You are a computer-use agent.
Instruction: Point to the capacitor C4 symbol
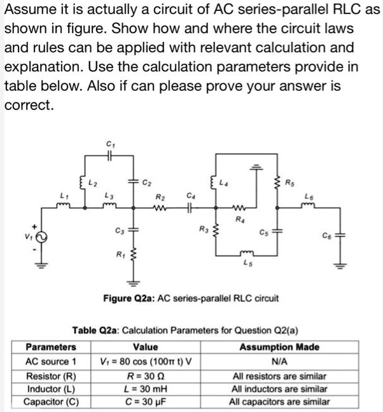click(x=191, y=207)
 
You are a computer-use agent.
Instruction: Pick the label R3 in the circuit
click(x=204, y=228)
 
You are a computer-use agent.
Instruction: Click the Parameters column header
click(x=50, y=347)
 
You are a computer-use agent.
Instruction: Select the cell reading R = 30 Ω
click(x=146, y=375)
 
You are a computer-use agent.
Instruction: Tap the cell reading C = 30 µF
click(x=146, y=401)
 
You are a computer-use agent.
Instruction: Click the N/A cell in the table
click(x=279, y=361)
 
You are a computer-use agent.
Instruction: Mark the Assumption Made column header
click(x=279, y=347)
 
